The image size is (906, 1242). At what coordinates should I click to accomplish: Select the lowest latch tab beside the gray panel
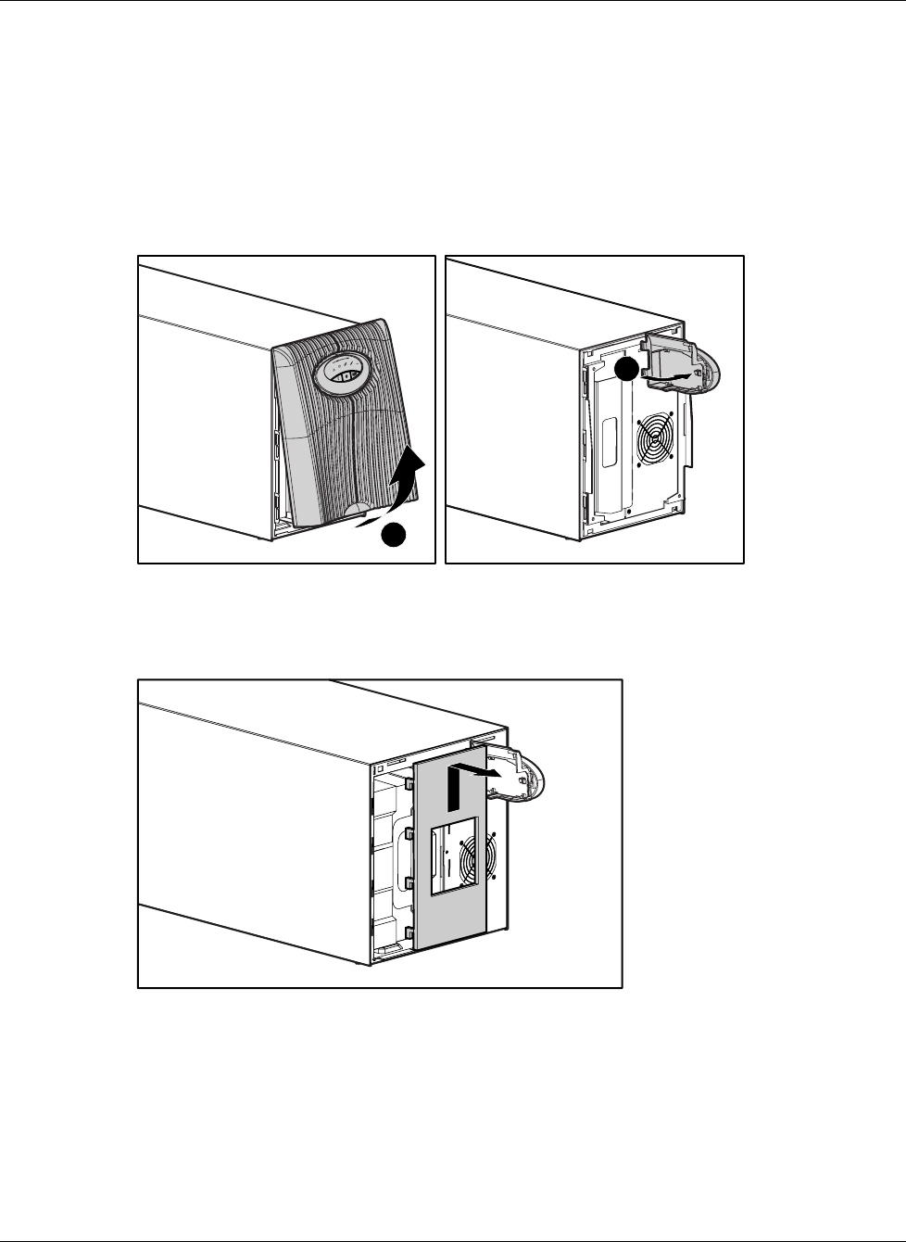409,931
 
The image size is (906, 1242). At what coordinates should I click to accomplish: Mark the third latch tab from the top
409,880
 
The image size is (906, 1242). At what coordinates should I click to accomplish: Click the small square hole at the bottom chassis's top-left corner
379,769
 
